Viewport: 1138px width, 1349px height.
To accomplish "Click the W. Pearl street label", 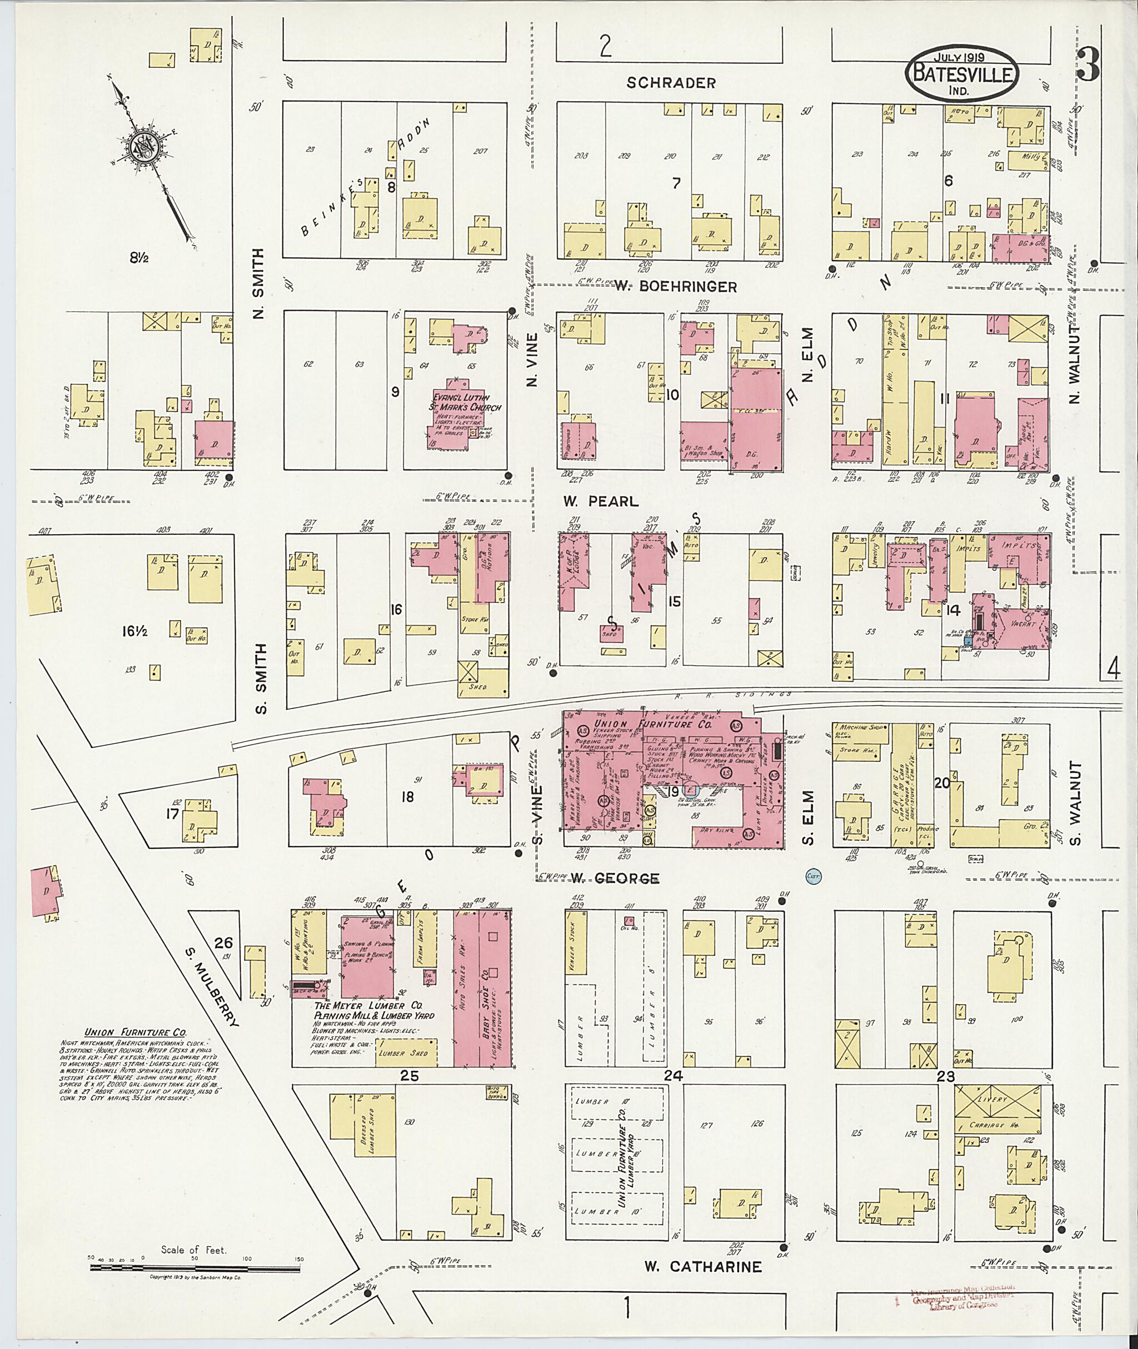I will pyautogui.click(x=600, y=501).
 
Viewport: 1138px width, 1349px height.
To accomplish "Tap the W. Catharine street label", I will pyautogui.click(x=703, y=1266).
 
